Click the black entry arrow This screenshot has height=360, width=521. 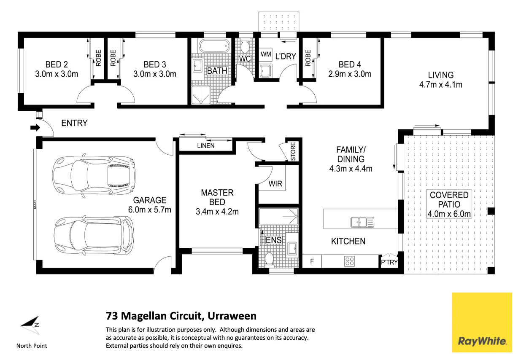tap(35, 127)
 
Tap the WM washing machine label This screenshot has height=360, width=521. tap(266, 54)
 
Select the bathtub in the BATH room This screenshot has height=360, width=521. tap(214, 46)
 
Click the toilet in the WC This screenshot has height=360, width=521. tap(245, 47)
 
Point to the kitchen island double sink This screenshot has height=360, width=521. tap(362, 222)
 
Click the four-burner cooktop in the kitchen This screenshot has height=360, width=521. tap(350, 261)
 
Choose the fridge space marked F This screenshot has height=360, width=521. tap(312, 261)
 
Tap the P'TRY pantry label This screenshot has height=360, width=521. tap(389, 262)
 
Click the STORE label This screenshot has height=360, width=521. tap(293, 151)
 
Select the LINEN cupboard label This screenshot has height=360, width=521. tap(206, 146)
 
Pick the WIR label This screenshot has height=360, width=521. tap(275, 184)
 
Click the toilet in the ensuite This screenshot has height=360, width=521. tap(269, 259)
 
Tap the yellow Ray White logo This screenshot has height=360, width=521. tap(482, 322)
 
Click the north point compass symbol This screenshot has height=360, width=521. tap(31, 325)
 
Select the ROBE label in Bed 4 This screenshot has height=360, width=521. tap(308, 58)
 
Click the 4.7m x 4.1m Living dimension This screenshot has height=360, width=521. tap(440, 85)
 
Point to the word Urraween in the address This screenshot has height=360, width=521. tap(232, 316)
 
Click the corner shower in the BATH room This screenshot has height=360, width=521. tap(201, 95)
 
